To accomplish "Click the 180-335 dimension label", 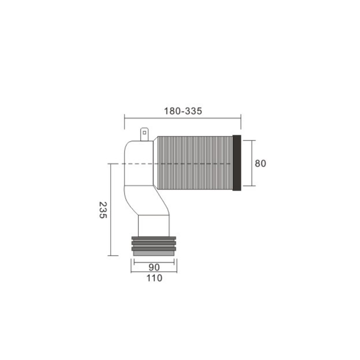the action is pyautogui.click(x=183, y=111).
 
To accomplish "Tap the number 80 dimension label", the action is pyautogui.click(x=261, y=163).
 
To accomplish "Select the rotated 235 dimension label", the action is pyautogui.click(x=103, y=210).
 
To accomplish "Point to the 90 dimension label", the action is pyautogui.click(x=154, y=267).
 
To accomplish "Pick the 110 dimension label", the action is pyautogui.click(x=154, y=278).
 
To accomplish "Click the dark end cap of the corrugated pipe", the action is pyautogui.click(x=237, y=163).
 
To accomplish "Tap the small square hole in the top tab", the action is pyautogui.click(x=144, y=133).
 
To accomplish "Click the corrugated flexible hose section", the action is pyautogui.click(x=195, y=163).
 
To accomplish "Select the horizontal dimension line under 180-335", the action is pyautogui.click(x=183, y=118).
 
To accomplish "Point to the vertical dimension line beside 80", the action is pyautogui.click(x=252, y=163).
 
